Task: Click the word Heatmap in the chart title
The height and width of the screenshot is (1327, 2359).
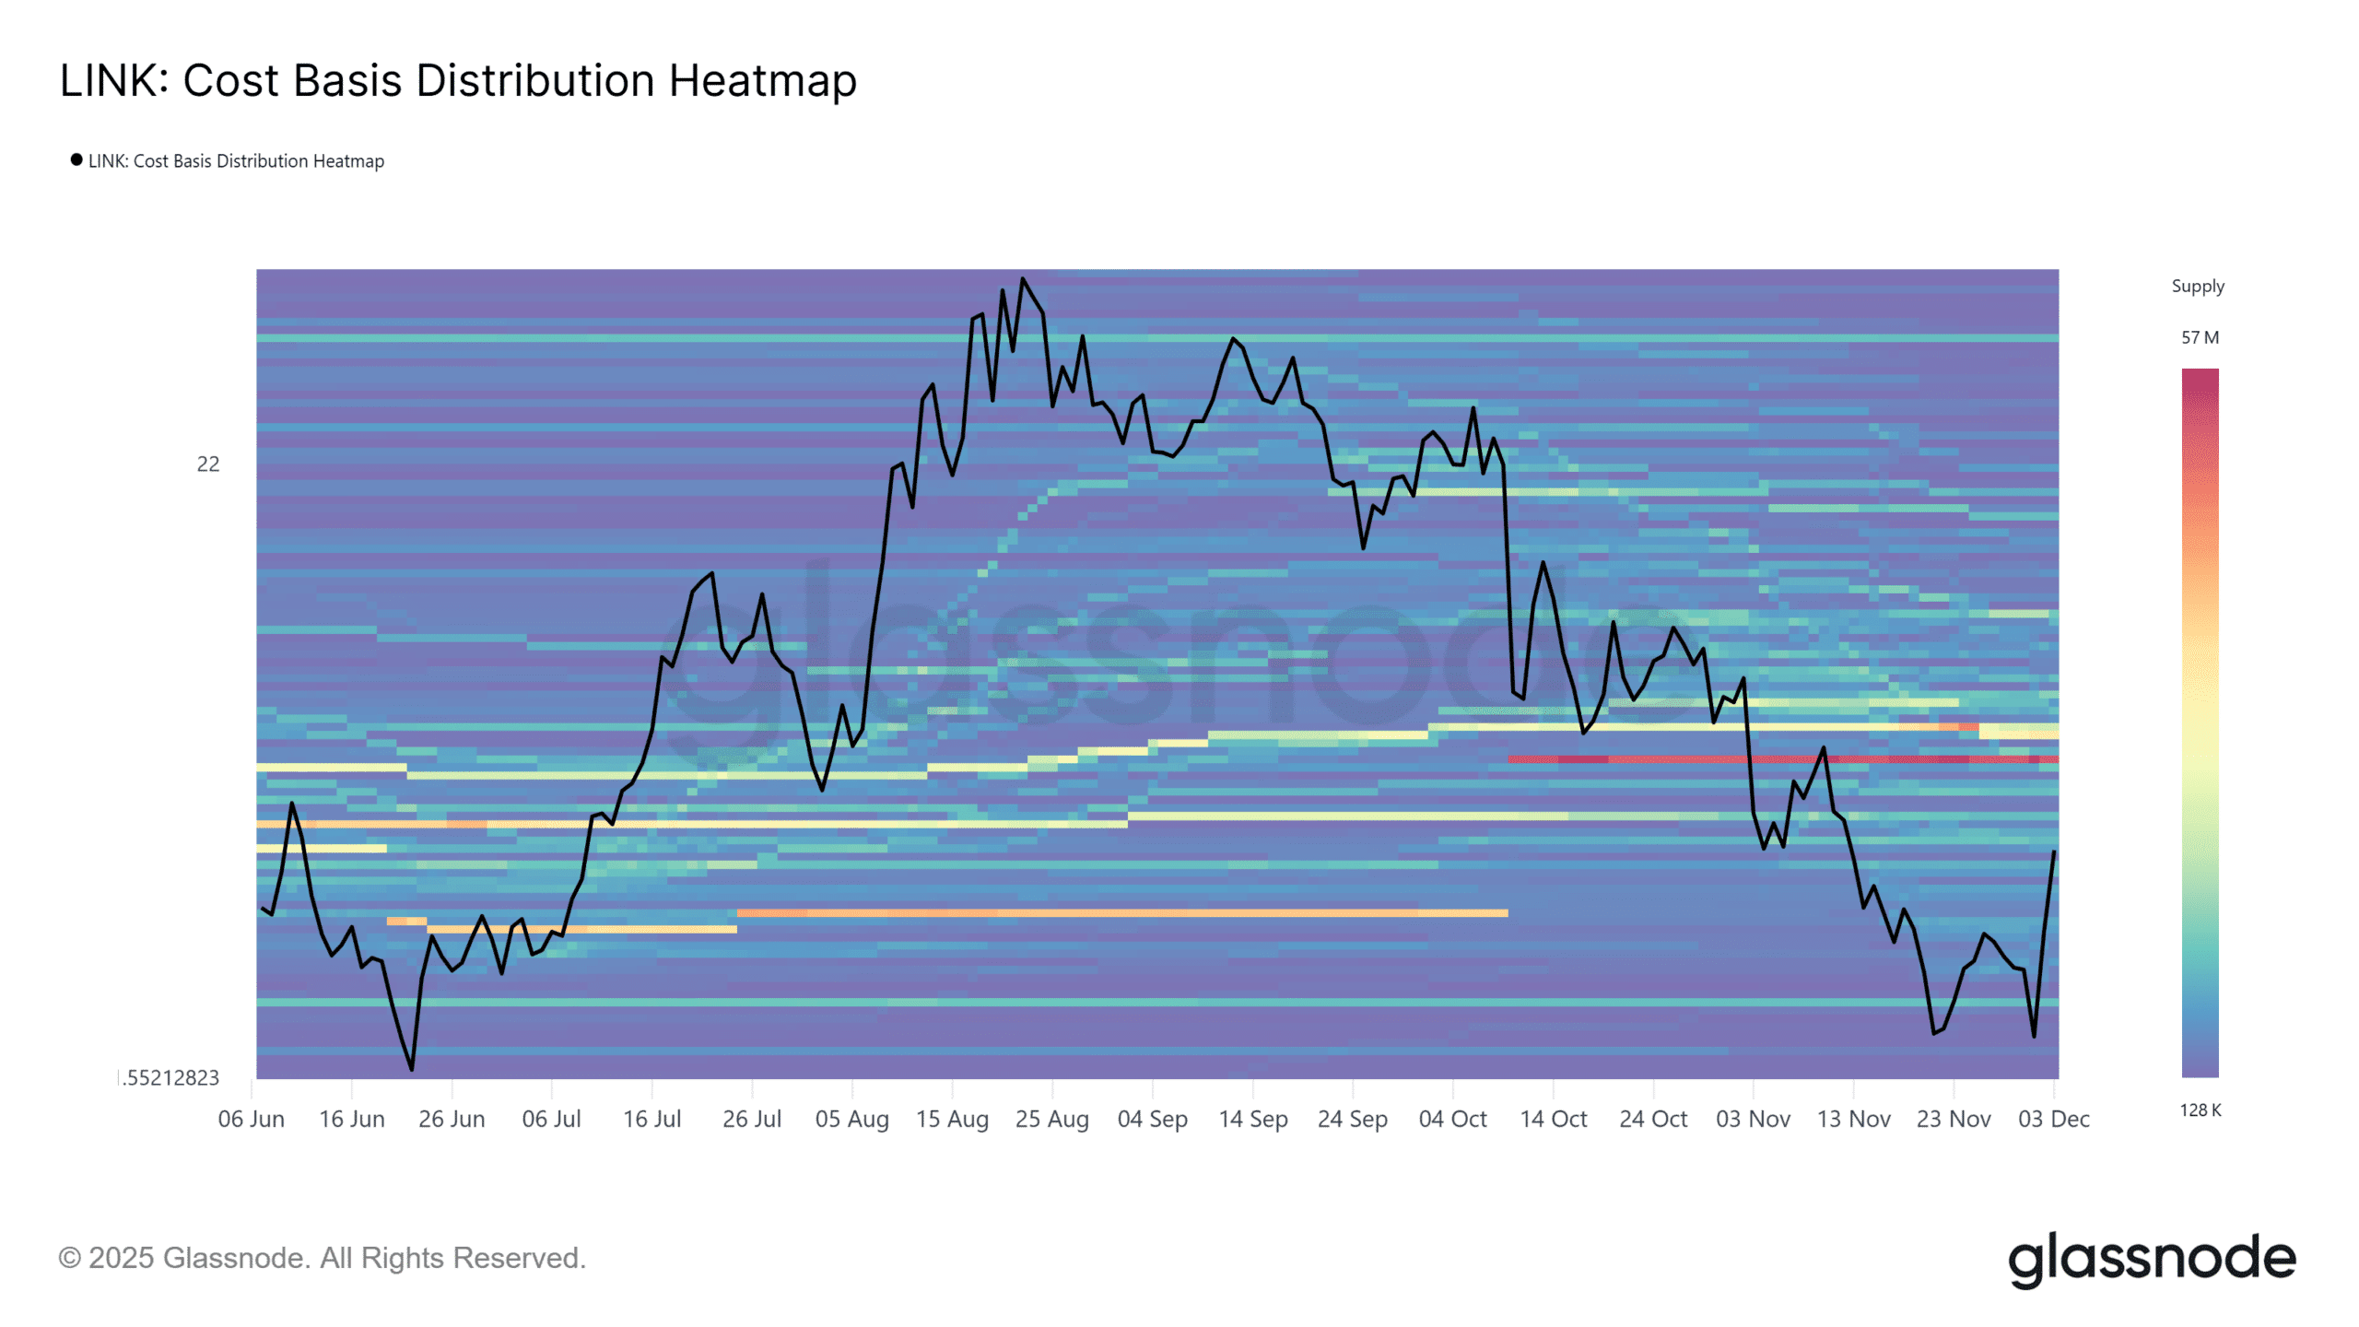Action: point(762,81)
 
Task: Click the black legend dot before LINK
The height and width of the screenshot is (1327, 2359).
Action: point(76,159)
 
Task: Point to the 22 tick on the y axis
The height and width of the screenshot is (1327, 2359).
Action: point(208,464)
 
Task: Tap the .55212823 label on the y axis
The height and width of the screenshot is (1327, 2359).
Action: point(171,1078)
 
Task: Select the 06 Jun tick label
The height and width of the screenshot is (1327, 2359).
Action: point(251,1119)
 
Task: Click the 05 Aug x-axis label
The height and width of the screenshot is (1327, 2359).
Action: point(851,1119)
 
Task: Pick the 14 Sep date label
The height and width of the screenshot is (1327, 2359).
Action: point(1252,1119)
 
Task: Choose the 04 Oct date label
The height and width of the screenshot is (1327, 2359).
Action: point(1452,1119)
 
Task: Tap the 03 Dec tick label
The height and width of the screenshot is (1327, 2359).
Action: point(2053,1119)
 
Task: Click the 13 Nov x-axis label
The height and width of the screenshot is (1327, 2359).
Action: point(1853,1119)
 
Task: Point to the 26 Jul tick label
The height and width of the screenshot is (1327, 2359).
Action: point(751,1119)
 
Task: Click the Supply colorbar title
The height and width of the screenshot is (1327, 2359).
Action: point(2198,287)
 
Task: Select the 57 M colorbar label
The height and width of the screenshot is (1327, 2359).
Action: point(2200,338)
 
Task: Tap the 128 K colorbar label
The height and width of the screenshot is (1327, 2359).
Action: point(2200,1110)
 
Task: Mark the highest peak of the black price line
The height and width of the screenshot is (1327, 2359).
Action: point(1022,278)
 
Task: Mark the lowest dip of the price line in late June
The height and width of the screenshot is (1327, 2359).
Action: point(411,1069)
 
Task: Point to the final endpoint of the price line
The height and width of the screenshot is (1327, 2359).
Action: point(2054,852)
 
